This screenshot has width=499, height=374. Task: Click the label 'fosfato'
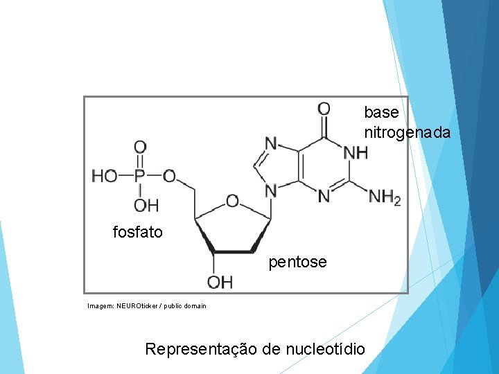click(x=137, y=233)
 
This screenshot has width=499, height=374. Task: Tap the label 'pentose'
click(x=297, y=262)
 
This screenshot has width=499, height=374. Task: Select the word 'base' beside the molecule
click(x=381, y=112)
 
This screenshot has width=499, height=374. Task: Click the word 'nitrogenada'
click(x=407, y=132)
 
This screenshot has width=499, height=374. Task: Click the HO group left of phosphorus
click(x=105, y=176)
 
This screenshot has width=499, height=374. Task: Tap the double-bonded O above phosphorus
click(x=139, y=147)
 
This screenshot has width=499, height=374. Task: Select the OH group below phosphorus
click(x=146, y=205)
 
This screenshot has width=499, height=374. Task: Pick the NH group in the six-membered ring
click(x=356, y=152)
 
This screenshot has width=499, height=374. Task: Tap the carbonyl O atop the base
click(x=324, y=109)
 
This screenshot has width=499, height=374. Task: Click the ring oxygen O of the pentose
click(x=232, y=201)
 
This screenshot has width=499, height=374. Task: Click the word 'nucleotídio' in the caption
click(x=324, y=348)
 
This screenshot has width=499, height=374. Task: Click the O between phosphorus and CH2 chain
click(x=169, y=176)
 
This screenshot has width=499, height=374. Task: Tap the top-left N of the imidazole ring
click(x=270, y=143)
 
